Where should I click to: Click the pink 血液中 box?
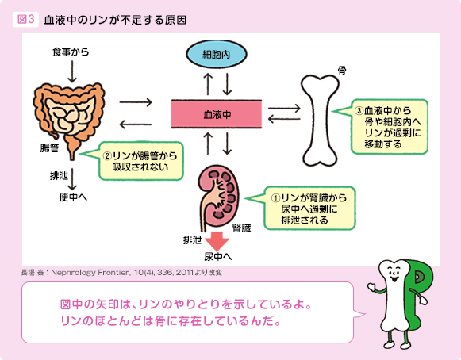coord(217,114)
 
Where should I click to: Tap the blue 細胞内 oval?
coord(217,54)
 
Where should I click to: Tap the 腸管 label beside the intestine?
coord(50,148)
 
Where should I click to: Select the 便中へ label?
coord(71,196)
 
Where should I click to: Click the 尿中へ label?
coord(217,256)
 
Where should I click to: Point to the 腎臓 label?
coord(241,228)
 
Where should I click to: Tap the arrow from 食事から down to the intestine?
coord(72,71)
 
